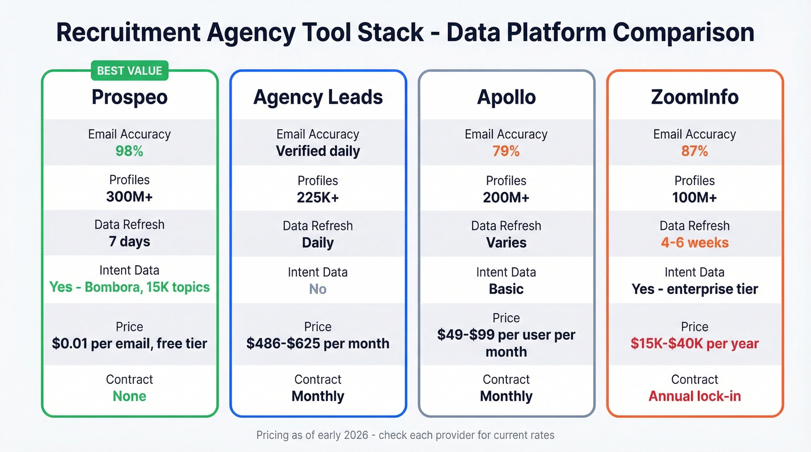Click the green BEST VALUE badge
point(129,71)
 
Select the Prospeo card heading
point(129,97)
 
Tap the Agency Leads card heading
point(318,97)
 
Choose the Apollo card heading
point(506,97)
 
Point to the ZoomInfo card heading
point(695,97)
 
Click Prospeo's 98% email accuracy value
point(129,151)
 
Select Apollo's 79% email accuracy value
point(506,151)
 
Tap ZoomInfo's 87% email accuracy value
point(695,151)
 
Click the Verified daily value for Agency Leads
point(318,151)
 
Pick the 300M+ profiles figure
point(129,197)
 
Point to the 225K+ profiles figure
point(318,197)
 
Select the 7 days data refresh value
point(129,241)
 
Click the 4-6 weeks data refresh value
point(695,242)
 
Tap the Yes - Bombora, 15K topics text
point(129,287)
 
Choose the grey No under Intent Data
point(318,289)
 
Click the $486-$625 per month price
point(318,343)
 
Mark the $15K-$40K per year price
point(695,343)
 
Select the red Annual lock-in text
point(695,396)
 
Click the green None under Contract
point(129,396)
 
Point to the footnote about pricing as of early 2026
point(405,435)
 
